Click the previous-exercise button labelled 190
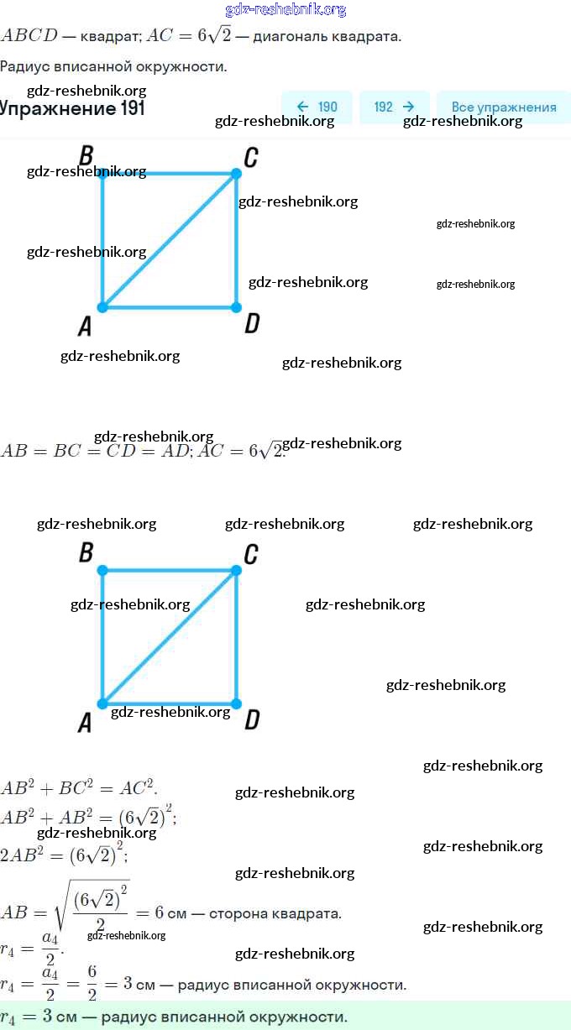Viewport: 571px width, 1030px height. click(317, 107)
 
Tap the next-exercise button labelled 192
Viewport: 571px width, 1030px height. click(394, 107)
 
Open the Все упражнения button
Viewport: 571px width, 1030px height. click(503, 107)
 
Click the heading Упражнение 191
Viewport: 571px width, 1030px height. click(72, 108)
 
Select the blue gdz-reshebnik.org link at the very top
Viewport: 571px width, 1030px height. click(285, 10)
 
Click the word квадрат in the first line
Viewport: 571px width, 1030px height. click(109, 37)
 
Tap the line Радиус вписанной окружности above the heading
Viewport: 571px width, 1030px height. click(113, 66)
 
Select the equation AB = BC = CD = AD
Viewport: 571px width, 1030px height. click(96, 451)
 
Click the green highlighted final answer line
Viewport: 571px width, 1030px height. click(285, 1017)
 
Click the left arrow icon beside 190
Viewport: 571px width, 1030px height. click(302, 107)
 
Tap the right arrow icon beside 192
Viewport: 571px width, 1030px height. click(408, 107)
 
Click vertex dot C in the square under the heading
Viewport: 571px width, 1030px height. click(236, 174)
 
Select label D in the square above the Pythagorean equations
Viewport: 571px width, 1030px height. click(251, 719)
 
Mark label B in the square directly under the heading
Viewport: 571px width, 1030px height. click(86, 155)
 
